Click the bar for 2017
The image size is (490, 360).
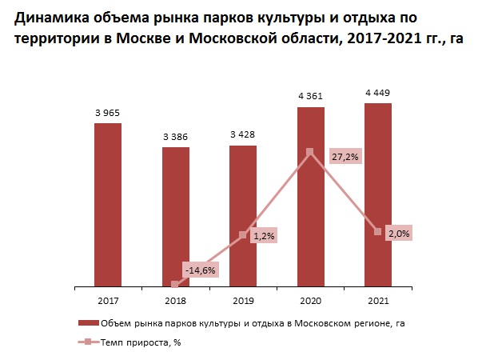pos(108,204)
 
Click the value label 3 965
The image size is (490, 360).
pos(108,113)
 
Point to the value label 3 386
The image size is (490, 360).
pos(175,137)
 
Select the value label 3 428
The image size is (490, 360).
pos(243,135)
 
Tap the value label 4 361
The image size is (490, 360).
pos(311,97)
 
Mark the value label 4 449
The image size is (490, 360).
pos(378,93)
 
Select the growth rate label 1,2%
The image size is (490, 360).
pos(263,236)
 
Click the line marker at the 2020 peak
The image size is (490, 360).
pos(310,151)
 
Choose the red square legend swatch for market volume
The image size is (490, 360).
pos(85,323)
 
